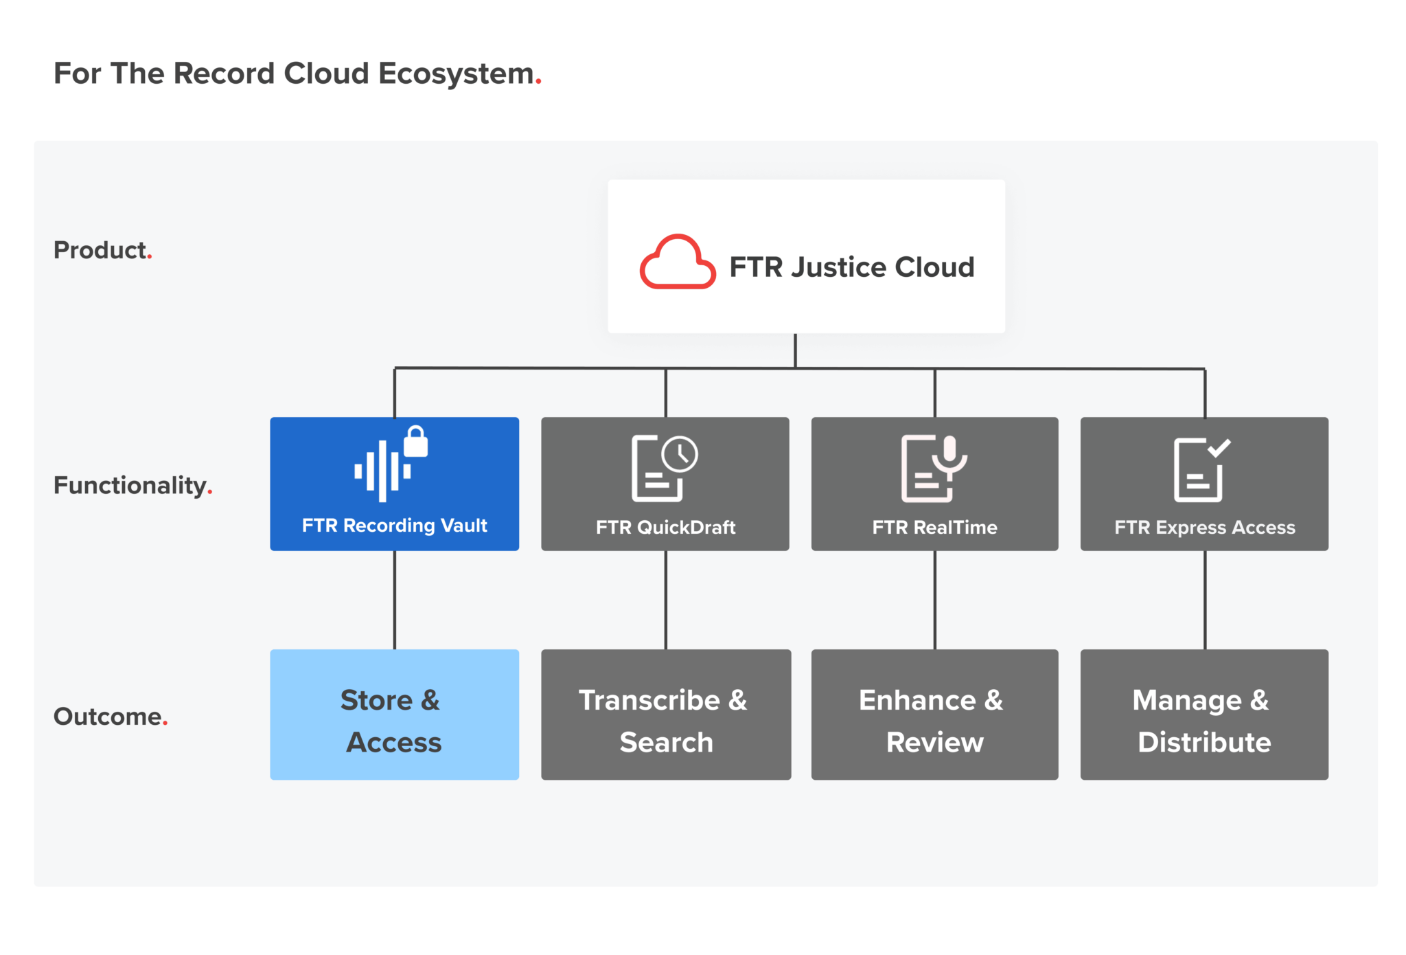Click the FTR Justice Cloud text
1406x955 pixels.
851,267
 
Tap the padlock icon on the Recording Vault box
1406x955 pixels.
415,442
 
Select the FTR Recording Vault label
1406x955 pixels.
394,526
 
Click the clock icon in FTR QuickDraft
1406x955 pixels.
680,454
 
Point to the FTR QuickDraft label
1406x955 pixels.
665,528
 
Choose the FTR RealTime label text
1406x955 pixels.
934,528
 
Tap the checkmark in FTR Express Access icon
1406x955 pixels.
1219,448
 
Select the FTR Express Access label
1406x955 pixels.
1204,528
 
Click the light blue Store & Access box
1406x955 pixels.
394,715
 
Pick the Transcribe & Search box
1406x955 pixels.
665,715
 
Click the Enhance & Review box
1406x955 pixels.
934,715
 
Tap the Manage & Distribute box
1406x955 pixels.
1204,715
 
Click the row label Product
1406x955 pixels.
101,250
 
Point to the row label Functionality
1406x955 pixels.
130,486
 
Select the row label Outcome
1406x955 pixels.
108,717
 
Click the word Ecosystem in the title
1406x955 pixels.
456,74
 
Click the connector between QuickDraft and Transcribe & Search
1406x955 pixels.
665,600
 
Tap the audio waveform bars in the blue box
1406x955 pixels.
382,471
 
